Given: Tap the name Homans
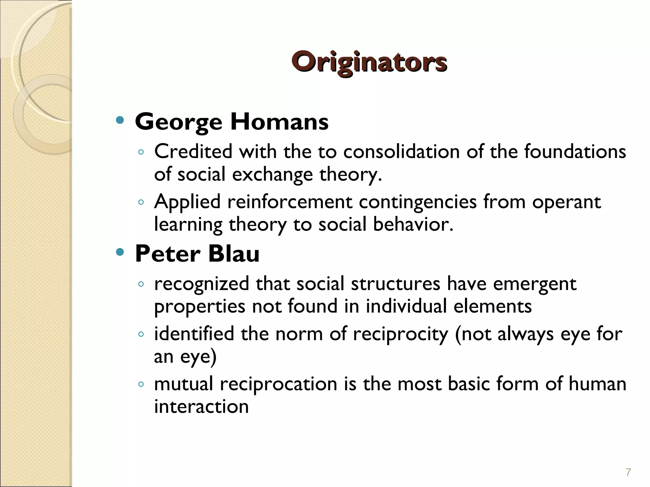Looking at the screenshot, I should [x=279, y=122].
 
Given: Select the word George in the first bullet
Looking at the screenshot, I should [x=178, y=122].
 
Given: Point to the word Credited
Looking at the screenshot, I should [x=193, y=151].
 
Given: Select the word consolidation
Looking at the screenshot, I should [x=401, y=151].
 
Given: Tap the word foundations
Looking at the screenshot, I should [x=575, y=151].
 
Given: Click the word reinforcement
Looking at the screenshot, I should [x=289, y=202].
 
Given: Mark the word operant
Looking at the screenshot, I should [x=567, y=202].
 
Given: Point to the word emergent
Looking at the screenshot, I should [x=534, y=284].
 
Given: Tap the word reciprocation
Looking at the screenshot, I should [x=278, y=384].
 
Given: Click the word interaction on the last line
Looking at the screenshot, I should [x=201, y=406].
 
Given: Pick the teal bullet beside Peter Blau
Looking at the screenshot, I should [x=120, y=252].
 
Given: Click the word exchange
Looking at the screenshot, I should [x=273, y=175].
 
